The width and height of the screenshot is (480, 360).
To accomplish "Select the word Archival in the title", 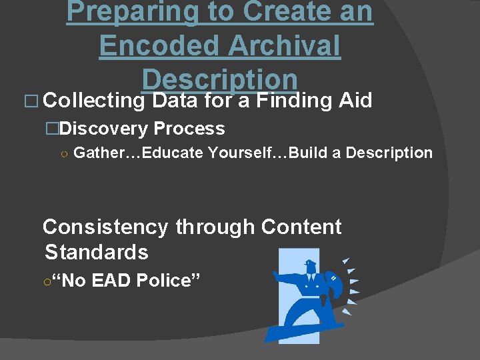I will (x=284, y=46).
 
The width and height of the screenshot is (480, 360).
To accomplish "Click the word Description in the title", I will (x=219, y=79).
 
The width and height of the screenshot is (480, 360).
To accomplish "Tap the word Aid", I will (x=355, y=101).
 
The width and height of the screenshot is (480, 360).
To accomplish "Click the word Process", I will (x=189, y=129).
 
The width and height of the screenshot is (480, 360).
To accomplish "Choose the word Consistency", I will (x=105, y=227).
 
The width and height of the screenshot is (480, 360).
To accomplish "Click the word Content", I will (x=301, y=227).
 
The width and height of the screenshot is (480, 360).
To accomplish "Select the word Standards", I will (x=96, y=253).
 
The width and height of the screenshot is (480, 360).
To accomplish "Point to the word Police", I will (x=164, y=281).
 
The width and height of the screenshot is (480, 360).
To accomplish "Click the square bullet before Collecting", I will (x=32, y=101).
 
